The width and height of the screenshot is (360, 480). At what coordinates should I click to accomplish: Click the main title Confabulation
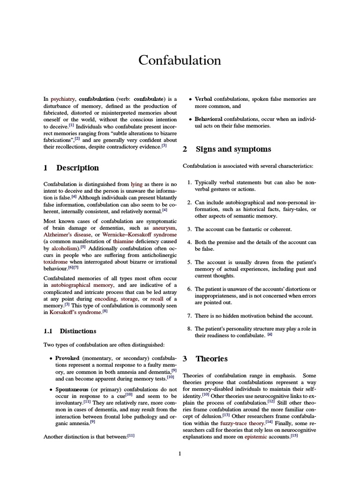tap(180, 60)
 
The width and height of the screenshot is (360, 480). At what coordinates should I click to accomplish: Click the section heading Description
tap(77, 168)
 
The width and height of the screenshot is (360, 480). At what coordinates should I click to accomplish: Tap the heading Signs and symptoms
tap(233, 149)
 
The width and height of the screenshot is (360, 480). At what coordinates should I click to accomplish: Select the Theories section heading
tap(211, 359)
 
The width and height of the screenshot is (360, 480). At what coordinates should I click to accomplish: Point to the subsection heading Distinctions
tap(78, 331)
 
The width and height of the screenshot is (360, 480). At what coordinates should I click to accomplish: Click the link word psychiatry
tap(63, 99)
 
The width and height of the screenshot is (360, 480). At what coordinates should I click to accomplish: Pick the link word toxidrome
tap(55, 262)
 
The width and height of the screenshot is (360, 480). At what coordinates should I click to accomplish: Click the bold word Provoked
tap(67, 358)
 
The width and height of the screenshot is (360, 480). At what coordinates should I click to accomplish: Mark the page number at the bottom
tap(180, 454)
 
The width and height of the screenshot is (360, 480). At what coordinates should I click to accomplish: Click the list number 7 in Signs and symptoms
tap(189, 316)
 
